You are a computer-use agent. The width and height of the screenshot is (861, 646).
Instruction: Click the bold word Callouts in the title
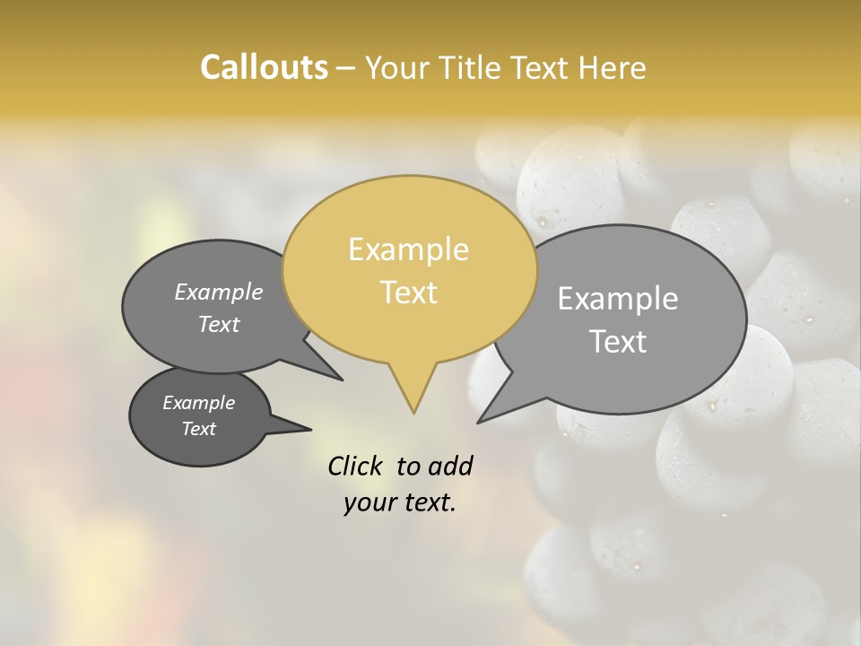(264, 67)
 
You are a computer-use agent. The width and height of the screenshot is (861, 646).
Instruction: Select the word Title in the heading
(469, 67)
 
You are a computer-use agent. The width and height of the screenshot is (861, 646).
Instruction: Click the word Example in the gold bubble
(408, 249)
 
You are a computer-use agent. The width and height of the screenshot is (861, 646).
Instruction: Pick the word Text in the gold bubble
(408, 292)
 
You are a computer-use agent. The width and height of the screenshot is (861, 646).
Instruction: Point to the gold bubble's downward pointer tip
(413, 413)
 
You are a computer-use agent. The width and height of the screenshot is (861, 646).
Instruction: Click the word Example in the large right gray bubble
(617, 299)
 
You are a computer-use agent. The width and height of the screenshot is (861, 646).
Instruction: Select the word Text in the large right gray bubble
(618, 342)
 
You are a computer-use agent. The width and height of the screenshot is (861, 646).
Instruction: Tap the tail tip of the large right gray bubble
(478, 422)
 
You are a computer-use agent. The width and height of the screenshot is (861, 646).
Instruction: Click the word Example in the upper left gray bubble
(218, 292)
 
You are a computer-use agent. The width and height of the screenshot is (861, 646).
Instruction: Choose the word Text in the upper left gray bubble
(218, 325)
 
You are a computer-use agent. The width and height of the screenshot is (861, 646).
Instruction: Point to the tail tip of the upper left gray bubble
(343, 380)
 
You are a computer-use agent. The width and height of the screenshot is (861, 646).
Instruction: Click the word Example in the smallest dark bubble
(198, 403)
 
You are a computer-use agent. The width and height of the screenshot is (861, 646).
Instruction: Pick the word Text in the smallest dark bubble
(198, 429)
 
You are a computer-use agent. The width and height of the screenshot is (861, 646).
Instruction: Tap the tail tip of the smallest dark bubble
(311, 429)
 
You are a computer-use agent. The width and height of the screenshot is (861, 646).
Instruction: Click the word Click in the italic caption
(357, 466)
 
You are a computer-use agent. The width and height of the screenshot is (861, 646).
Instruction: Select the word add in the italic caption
(449, 466)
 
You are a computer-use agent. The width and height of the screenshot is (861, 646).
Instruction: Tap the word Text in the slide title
(539, 67)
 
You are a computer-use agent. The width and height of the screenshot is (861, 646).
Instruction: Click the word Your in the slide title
(397, 67)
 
